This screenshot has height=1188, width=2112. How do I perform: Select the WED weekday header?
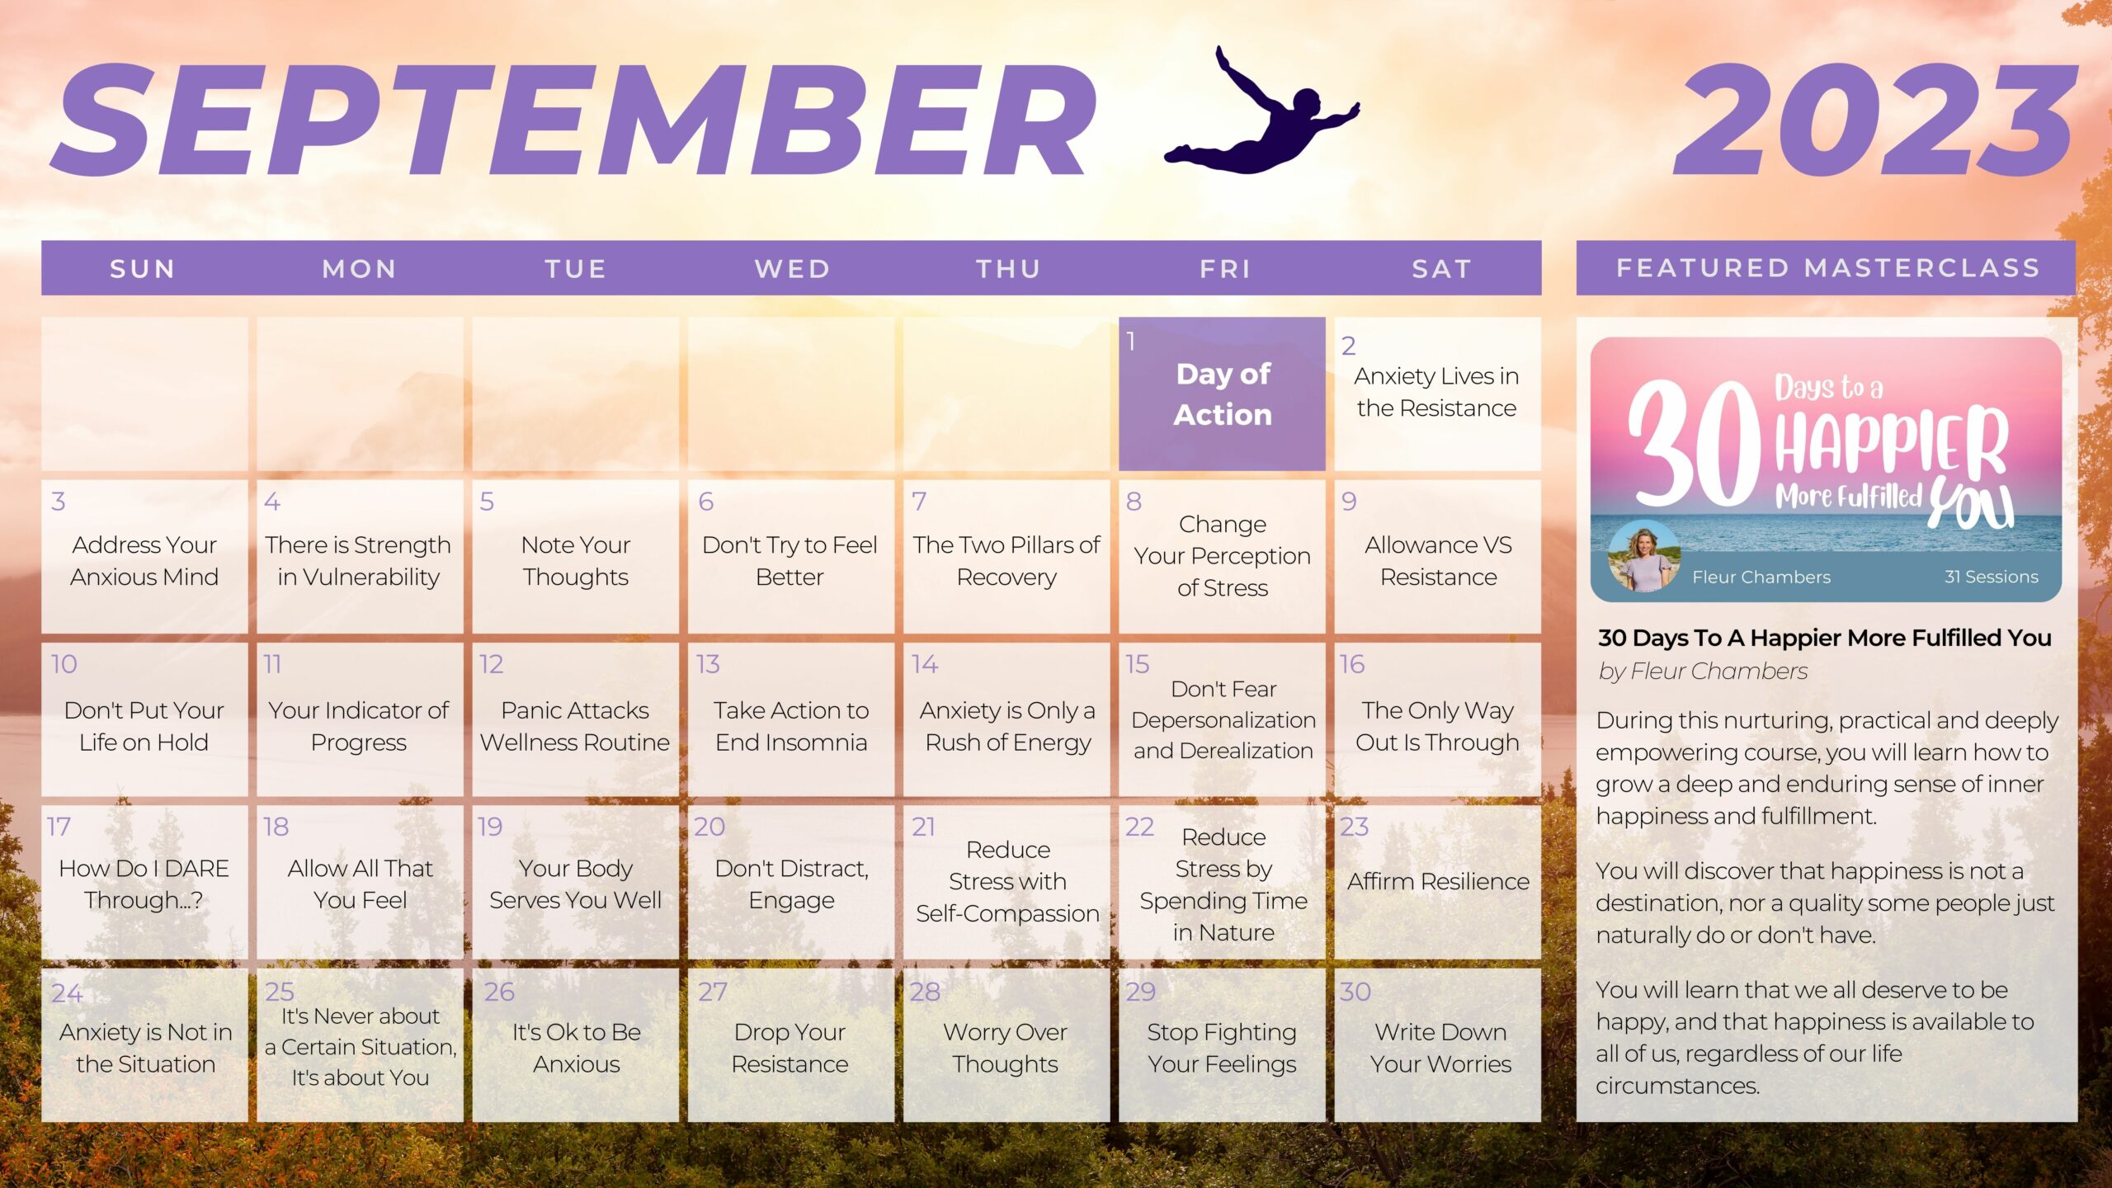point(792,269)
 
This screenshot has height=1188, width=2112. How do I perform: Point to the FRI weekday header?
point(1225,269)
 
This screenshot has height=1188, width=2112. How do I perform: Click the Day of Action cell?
point(1222,394)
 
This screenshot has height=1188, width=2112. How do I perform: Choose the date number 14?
point(924,664)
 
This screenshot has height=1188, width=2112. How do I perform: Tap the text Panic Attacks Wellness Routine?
point(575,726)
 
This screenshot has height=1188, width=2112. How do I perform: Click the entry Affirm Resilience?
point(1438,881)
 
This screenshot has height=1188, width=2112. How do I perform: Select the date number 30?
point(1355,992)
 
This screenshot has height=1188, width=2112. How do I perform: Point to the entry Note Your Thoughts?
point(576,560)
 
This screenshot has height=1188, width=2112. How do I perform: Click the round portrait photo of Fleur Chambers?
point(1643,555)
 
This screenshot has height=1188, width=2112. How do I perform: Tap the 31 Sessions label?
point(1991,577)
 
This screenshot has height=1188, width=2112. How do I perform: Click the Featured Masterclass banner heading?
point(1828,268)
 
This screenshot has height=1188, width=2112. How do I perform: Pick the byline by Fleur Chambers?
point(1703,672)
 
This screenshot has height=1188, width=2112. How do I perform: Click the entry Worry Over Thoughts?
point(1006,1048)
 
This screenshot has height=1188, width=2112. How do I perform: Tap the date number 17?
point(59,827)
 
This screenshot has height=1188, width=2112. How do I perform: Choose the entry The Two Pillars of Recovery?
point(1006,560)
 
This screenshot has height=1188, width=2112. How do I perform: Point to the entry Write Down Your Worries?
point(1440,1048)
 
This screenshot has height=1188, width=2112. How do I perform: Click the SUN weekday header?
point(143,269)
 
